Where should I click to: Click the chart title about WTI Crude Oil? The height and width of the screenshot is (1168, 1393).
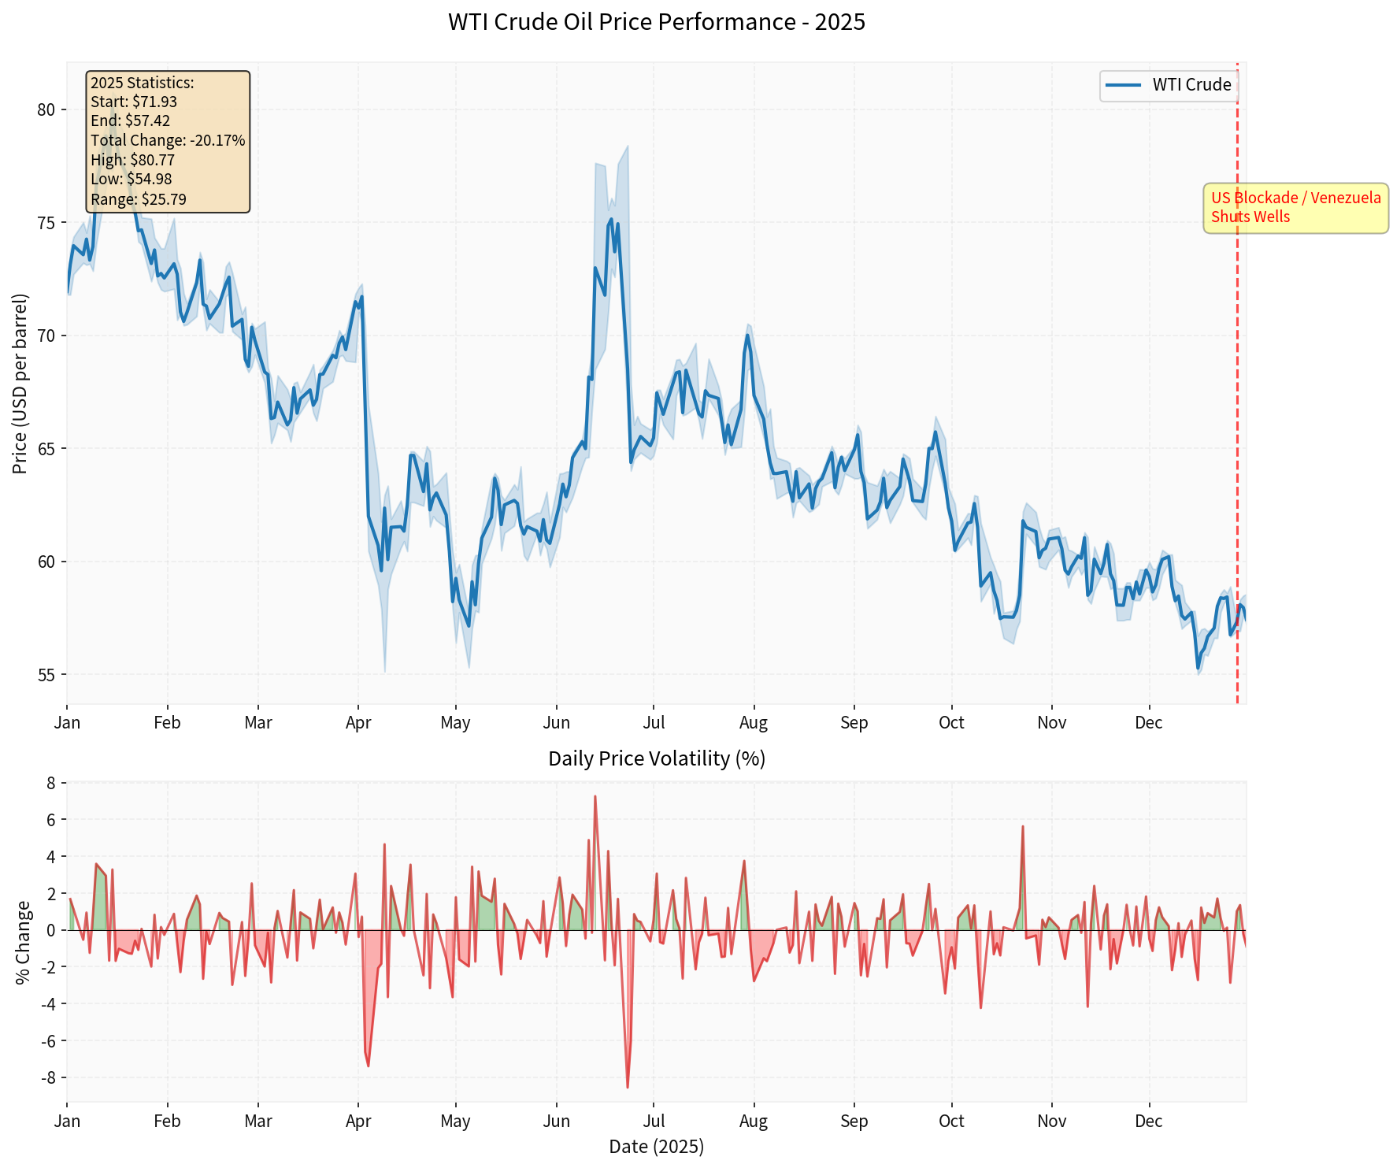click(x=656, y=22)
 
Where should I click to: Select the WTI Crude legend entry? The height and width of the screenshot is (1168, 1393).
click(x=1169, y=85)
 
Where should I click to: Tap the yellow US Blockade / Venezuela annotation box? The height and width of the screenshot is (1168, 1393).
click(x=1295, y=208)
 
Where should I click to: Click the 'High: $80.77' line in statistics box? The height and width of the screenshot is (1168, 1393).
click(x=132, y=160)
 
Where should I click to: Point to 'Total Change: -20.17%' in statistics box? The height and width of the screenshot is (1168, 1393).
click(x=168, y=140)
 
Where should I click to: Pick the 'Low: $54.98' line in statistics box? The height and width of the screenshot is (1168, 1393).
click(x=131, y=180)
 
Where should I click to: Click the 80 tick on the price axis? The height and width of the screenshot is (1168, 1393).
click(x=46, y=109)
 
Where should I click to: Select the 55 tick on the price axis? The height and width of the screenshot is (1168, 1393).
click(x=46, y=675)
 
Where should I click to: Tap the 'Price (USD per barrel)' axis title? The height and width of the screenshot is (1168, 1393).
click(x=20, y=384)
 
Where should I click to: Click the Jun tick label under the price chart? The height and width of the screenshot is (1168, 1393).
click(x=556, y=723)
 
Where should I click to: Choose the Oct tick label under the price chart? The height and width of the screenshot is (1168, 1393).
click(x=951, y=723)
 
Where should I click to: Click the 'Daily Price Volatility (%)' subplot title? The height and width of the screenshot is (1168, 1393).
click(x=656, y=758)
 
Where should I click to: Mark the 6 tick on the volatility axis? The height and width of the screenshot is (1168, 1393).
click(x=50, y=820)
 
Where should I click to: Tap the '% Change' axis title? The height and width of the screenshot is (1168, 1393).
click(x=23, y=942)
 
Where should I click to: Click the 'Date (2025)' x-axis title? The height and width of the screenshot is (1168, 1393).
click(x=656, y=1146)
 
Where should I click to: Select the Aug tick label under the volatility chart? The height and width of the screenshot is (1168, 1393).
click(x=754, y=1121)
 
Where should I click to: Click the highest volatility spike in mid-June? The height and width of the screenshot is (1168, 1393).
click(x=595, y=796)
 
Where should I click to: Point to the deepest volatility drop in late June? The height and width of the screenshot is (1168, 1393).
click(x=628, y=1087)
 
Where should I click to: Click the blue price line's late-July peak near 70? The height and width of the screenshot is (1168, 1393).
click(x=747, y=336)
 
